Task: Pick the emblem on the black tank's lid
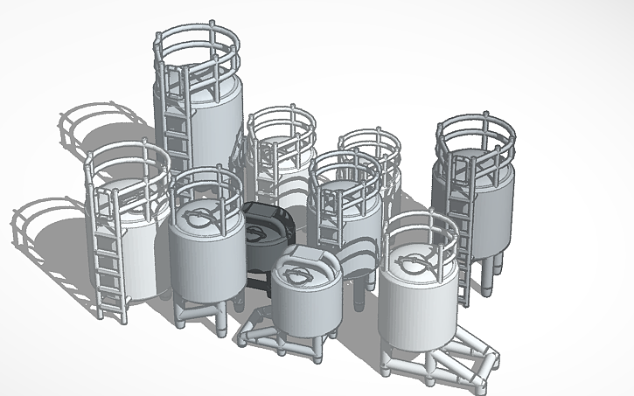point(258,233)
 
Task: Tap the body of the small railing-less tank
point(306,306)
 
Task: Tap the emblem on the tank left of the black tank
point(204,215)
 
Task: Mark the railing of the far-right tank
point(477,131)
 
